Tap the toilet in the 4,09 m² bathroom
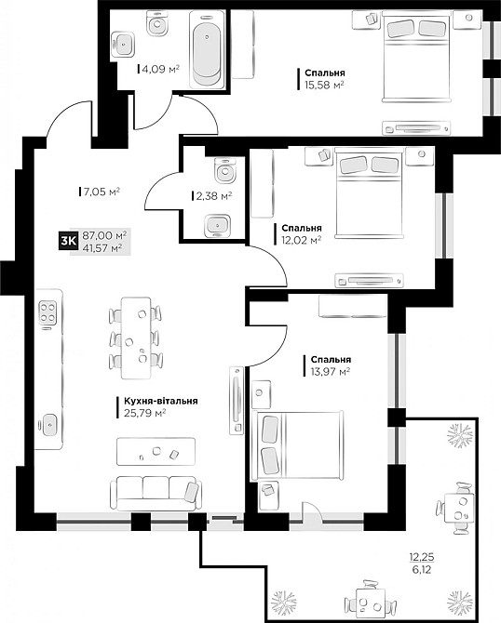point(160,26)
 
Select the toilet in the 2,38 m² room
point(222,170)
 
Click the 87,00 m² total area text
point(104,236)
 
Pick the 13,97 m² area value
point(330,371)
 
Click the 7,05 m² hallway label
point(101,192)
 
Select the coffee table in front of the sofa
point(156,452)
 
